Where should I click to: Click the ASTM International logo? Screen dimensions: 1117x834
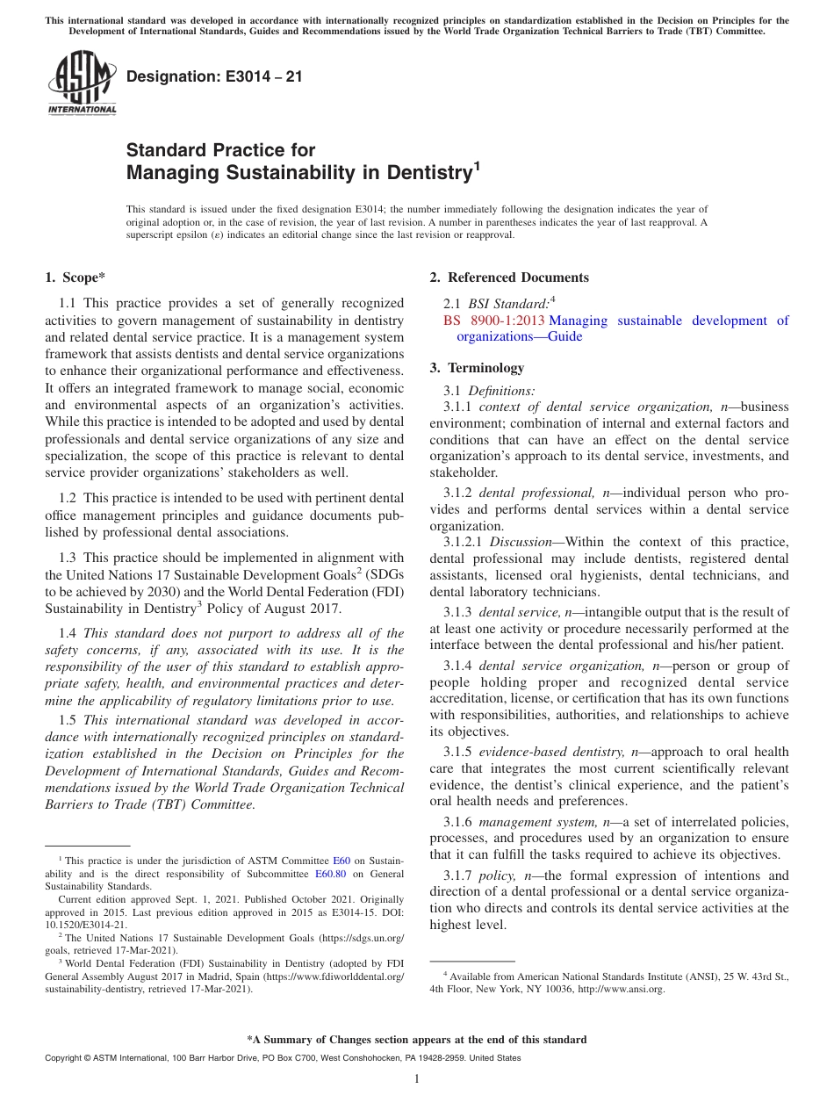coord(82,83)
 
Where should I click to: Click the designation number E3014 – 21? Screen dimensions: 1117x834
coord(214,76)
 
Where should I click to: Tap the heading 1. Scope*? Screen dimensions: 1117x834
coord(75,277)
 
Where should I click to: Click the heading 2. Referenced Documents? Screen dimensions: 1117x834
coord(509,277)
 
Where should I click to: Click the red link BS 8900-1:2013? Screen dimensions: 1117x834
coord(494,321)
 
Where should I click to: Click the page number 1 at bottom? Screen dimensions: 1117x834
coord(417,1078)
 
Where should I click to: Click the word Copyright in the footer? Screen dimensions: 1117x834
coord(64,1058)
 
